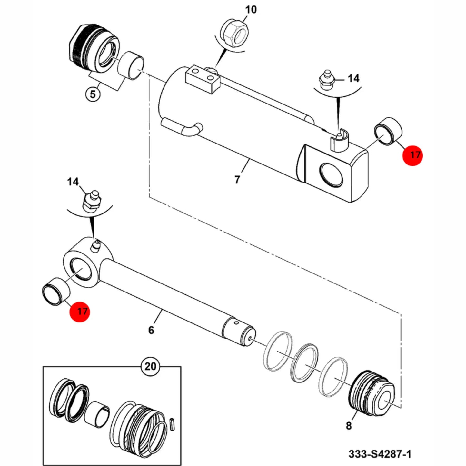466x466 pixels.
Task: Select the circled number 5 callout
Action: [x=93, y=94]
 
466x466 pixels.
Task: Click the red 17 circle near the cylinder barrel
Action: [x=412, y=155]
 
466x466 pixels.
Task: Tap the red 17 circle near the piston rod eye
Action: [x=80, y=311]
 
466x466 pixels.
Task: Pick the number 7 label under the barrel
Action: [x=237, y=180]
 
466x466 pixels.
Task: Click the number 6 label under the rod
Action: [x=151, y=330]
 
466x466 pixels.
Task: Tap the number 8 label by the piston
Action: [x=348, y=426]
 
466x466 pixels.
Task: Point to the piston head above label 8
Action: [x=372, y=389]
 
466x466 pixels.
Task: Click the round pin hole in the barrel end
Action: [x=331, y=175]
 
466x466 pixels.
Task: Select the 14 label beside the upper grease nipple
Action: [x=353, y=78]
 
